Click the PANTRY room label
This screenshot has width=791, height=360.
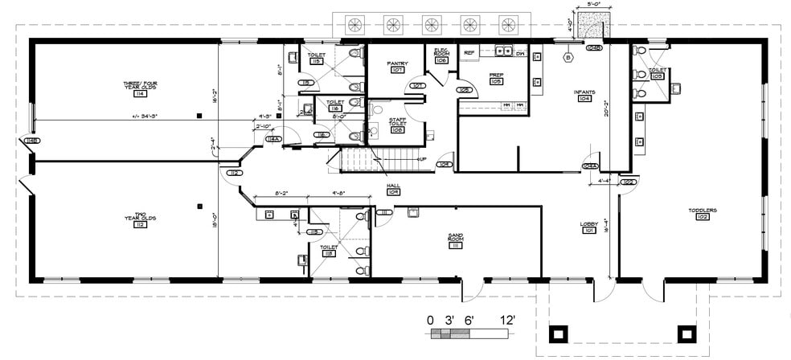[397, 63]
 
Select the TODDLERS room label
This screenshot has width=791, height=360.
[702, 211]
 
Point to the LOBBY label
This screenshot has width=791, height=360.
[588, 224]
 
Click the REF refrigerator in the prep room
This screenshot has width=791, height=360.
[471, 52]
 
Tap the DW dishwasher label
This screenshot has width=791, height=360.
[520, 53]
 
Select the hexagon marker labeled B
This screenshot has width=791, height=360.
[569, 58]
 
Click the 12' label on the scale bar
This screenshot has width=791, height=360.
[507, 320]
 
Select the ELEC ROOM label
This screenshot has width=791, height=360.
[441, 53]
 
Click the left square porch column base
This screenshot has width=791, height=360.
[558, 332]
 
